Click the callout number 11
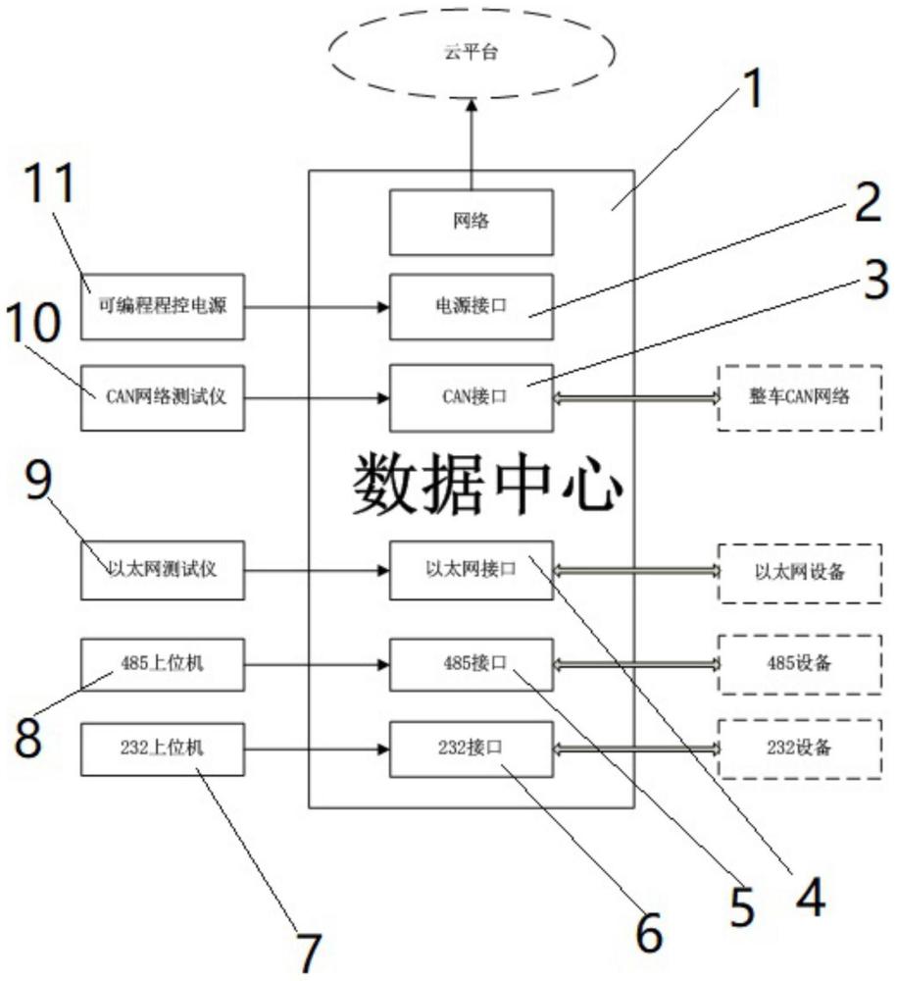click(50, 182)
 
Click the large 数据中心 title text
click(487, 485)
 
